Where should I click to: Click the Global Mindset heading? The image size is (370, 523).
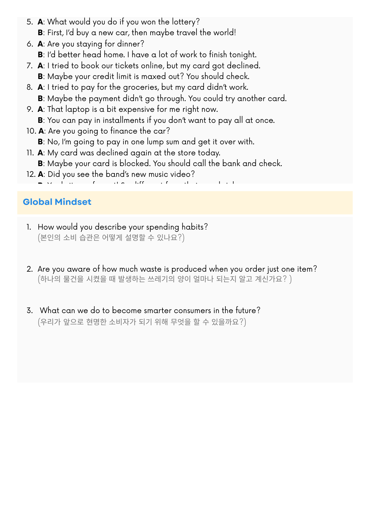[x=57, y=202]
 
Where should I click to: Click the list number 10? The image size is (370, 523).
[x=31, y=131]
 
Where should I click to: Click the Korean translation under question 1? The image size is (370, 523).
[x=111, y=238]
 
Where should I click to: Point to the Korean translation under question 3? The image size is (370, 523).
[x=142, y=322]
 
